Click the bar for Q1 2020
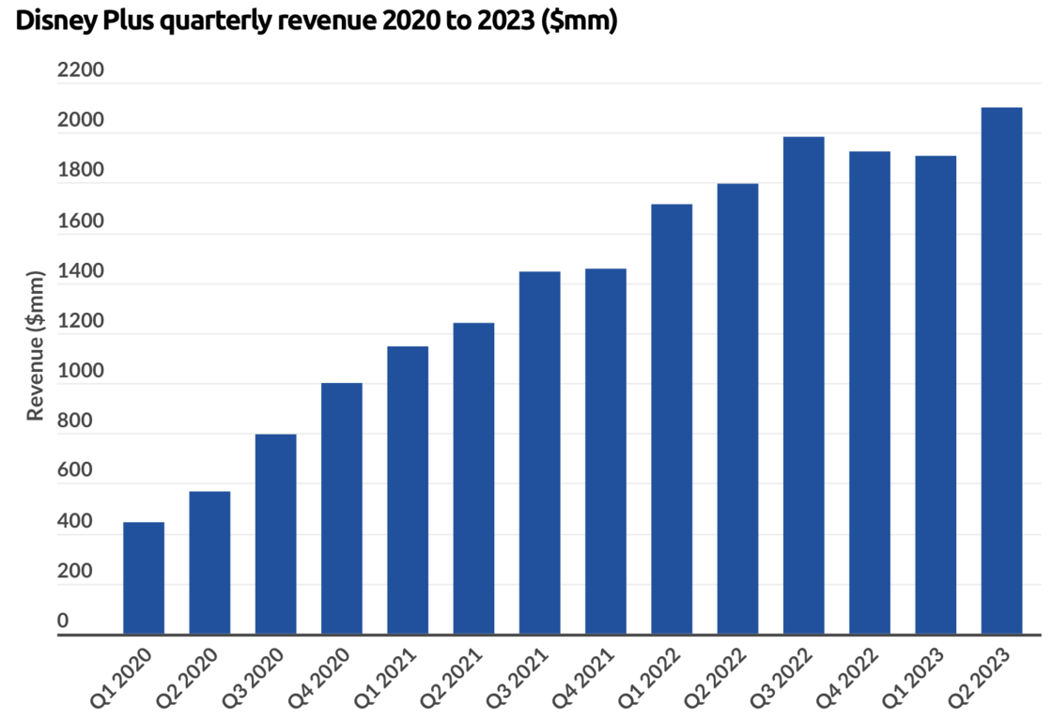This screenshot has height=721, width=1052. click(144, 577)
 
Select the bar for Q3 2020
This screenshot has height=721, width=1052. click(275, 533)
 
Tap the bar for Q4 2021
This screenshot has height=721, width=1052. click(605, 451)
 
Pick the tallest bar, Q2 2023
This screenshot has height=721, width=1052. click(1001, 371)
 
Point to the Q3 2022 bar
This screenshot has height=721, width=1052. click(803, 385)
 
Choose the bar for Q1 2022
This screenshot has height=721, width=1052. click(672, 419)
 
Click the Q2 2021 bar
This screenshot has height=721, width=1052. click(473, 478)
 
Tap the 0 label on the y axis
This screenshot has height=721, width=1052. click(63, 621)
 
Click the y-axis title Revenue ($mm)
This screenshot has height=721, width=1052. click(36, 345)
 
